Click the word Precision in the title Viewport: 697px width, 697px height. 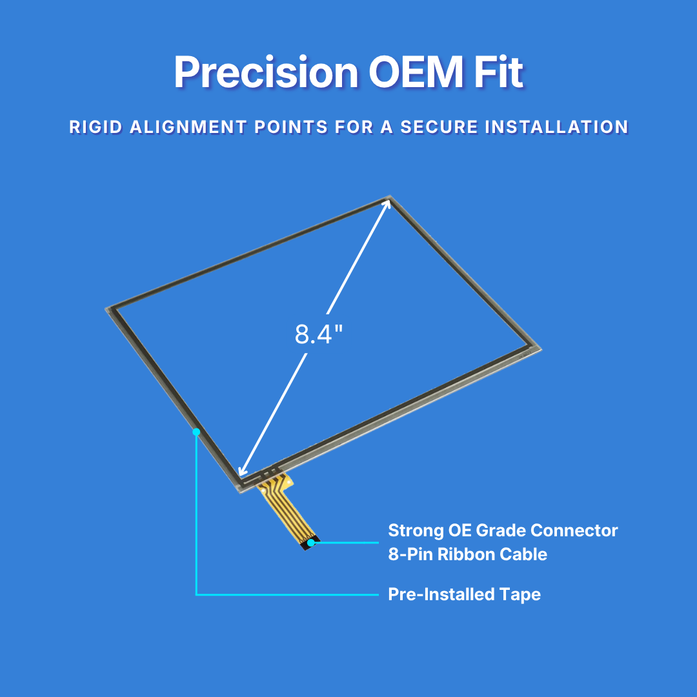pyautogui.click(x=266, y=72)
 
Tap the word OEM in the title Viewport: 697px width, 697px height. pyautogui.click(x=416, y=72)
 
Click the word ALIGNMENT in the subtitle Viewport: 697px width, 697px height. pyautogui.click(x=188, y=127)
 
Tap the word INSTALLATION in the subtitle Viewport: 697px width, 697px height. pyautogui.click(x=556, y=127)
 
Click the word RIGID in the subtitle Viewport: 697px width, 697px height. pyautogui.click(x=96, y=127)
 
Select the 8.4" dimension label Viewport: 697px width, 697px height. pyautogui.click(x=319, y=334)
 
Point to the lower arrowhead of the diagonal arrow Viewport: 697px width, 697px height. pyautogui.click(x=243, y=470)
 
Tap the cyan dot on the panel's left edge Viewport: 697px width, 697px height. pyautogui.click(x=196, y=432)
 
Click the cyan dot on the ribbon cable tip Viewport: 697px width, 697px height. pyautogui.click(x=310, y=542)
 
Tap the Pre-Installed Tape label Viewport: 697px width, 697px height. pyautogui.click(x=464, y=594)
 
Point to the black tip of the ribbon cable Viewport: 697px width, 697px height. pyautogui.click(x=309, y=544)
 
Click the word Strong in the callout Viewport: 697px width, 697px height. pyautogui.click(x=416, y=530)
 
